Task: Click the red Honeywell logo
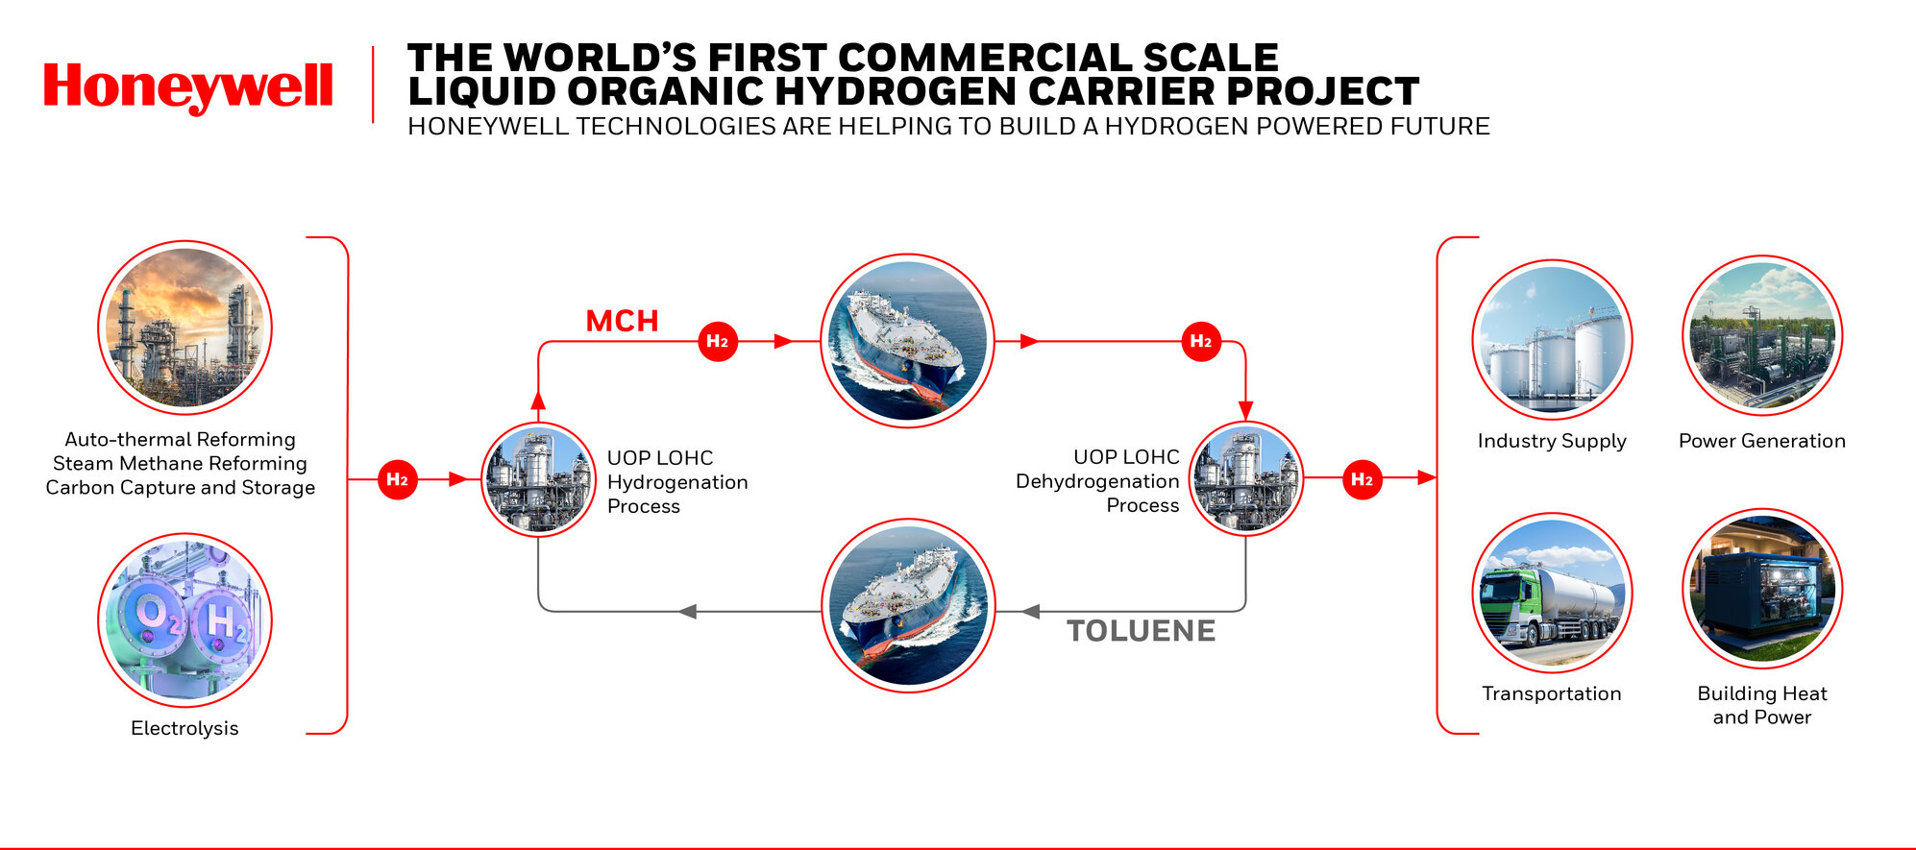(188, 87)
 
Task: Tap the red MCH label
(623, 321)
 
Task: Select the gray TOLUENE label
(1142, 631)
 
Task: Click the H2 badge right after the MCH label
(718, 341)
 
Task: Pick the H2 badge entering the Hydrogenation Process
(398, 479)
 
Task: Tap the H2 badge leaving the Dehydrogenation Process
(1363, 479)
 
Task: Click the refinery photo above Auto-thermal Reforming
(184, 328)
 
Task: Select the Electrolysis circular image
(184, 620)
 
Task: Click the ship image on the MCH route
(908, 341)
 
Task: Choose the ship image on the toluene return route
(908, 606)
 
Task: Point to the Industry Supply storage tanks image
(1553, 339)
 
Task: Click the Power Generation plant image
(1762, 335)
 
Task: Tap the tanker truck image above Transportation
(1553, 593)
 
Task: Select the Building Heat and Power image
(1762, 589)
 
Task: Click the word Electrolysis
(184, 728)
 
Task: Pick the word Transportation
(1552, 693)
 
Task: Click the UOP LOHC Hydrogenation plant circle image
(538, 479)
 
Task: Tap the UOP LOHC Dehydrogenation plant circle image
(1246, 478)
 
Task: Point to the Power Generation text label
(1762, 441)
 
